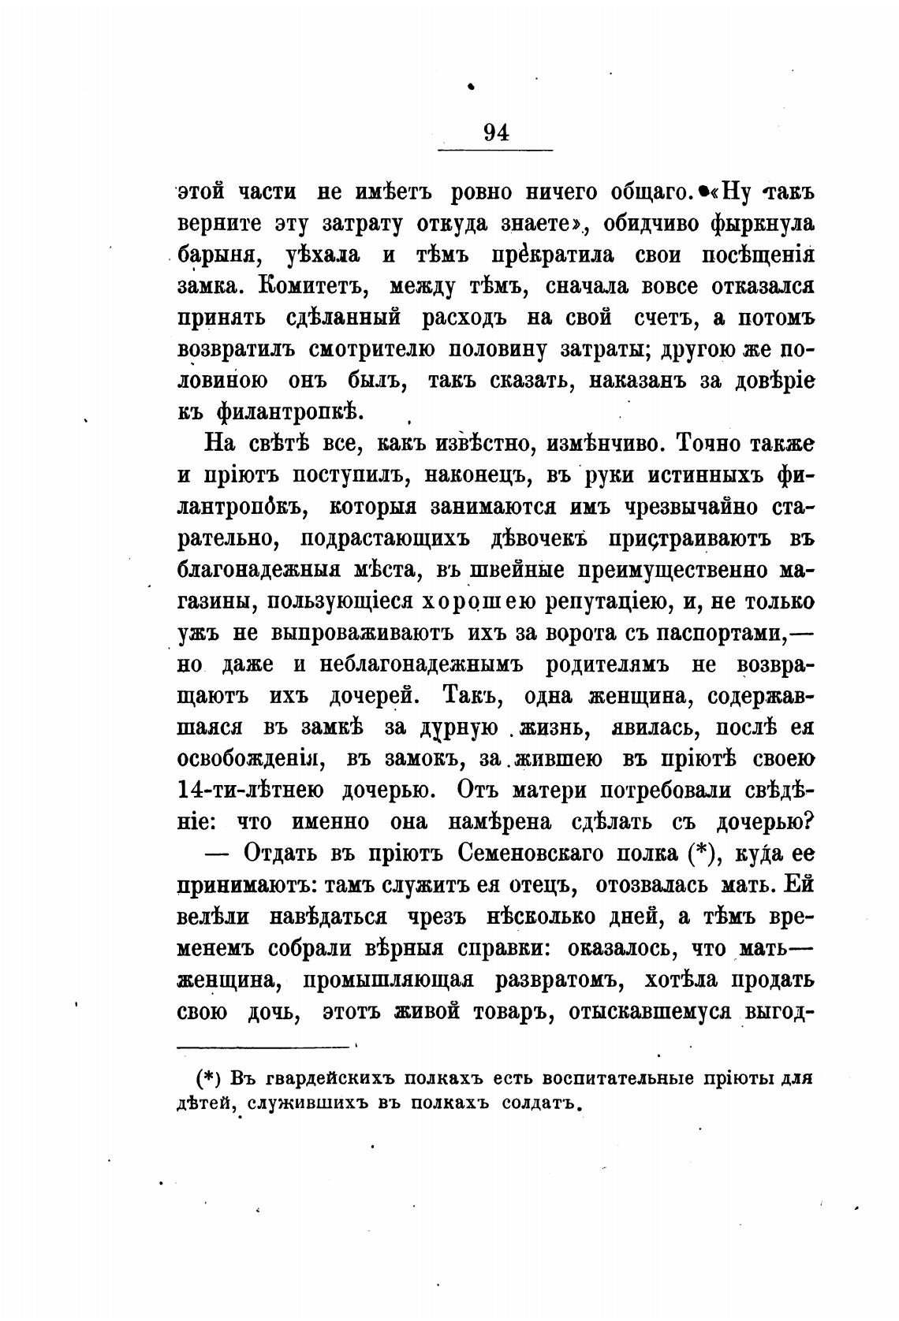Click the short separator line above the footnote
coord(263,1047)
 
